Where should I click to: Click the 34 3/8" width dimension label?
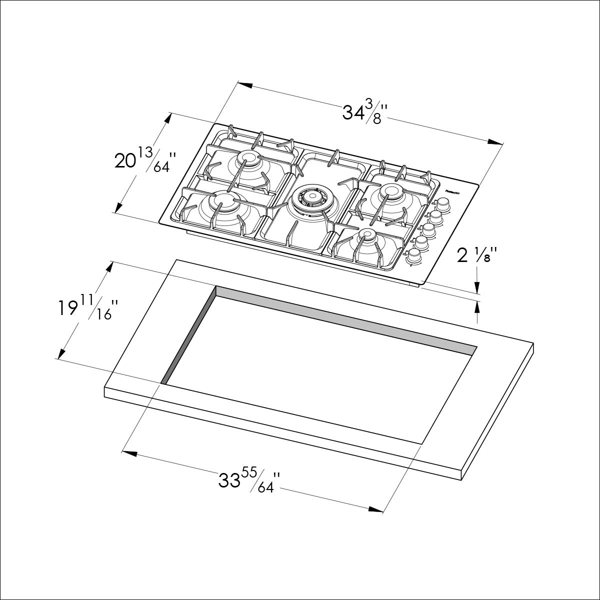coord(364,112)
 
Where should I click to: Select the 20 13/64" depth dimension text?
coord(145,159)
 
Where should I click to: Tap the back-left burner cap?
coord(248,159)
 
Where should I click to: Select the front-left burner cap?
coord(220,201)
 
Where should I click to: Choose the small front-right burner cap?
coord(367,233)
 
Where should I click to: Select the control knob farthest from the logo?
coord(414,256)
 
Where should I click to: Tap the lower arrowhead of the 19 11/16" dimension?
coord(61,352)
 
